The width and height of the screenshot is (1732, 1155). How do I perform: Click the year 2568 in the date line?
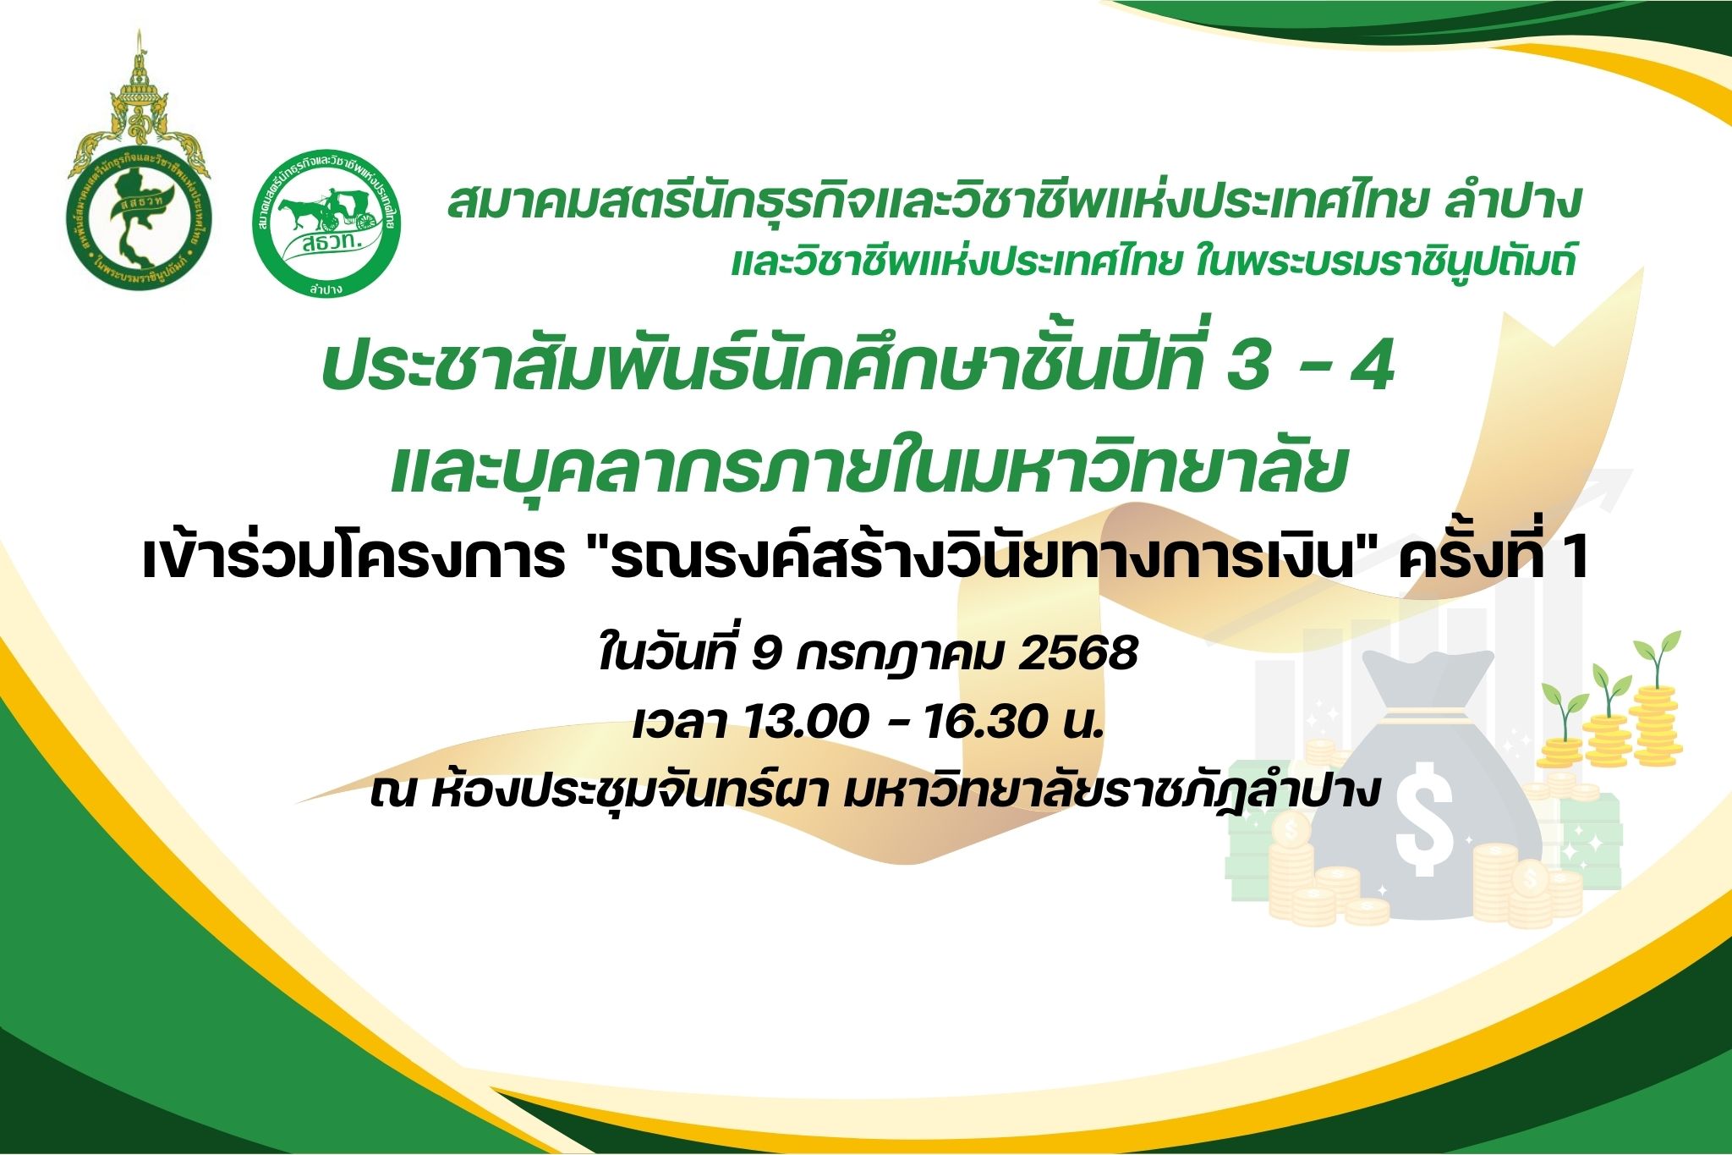point(1077,654)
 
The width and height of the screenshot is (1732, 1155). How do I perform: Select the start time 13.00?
point(807,723)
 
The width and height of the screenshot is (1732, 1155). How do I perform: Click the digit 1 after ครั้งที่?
point(1575,558)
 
